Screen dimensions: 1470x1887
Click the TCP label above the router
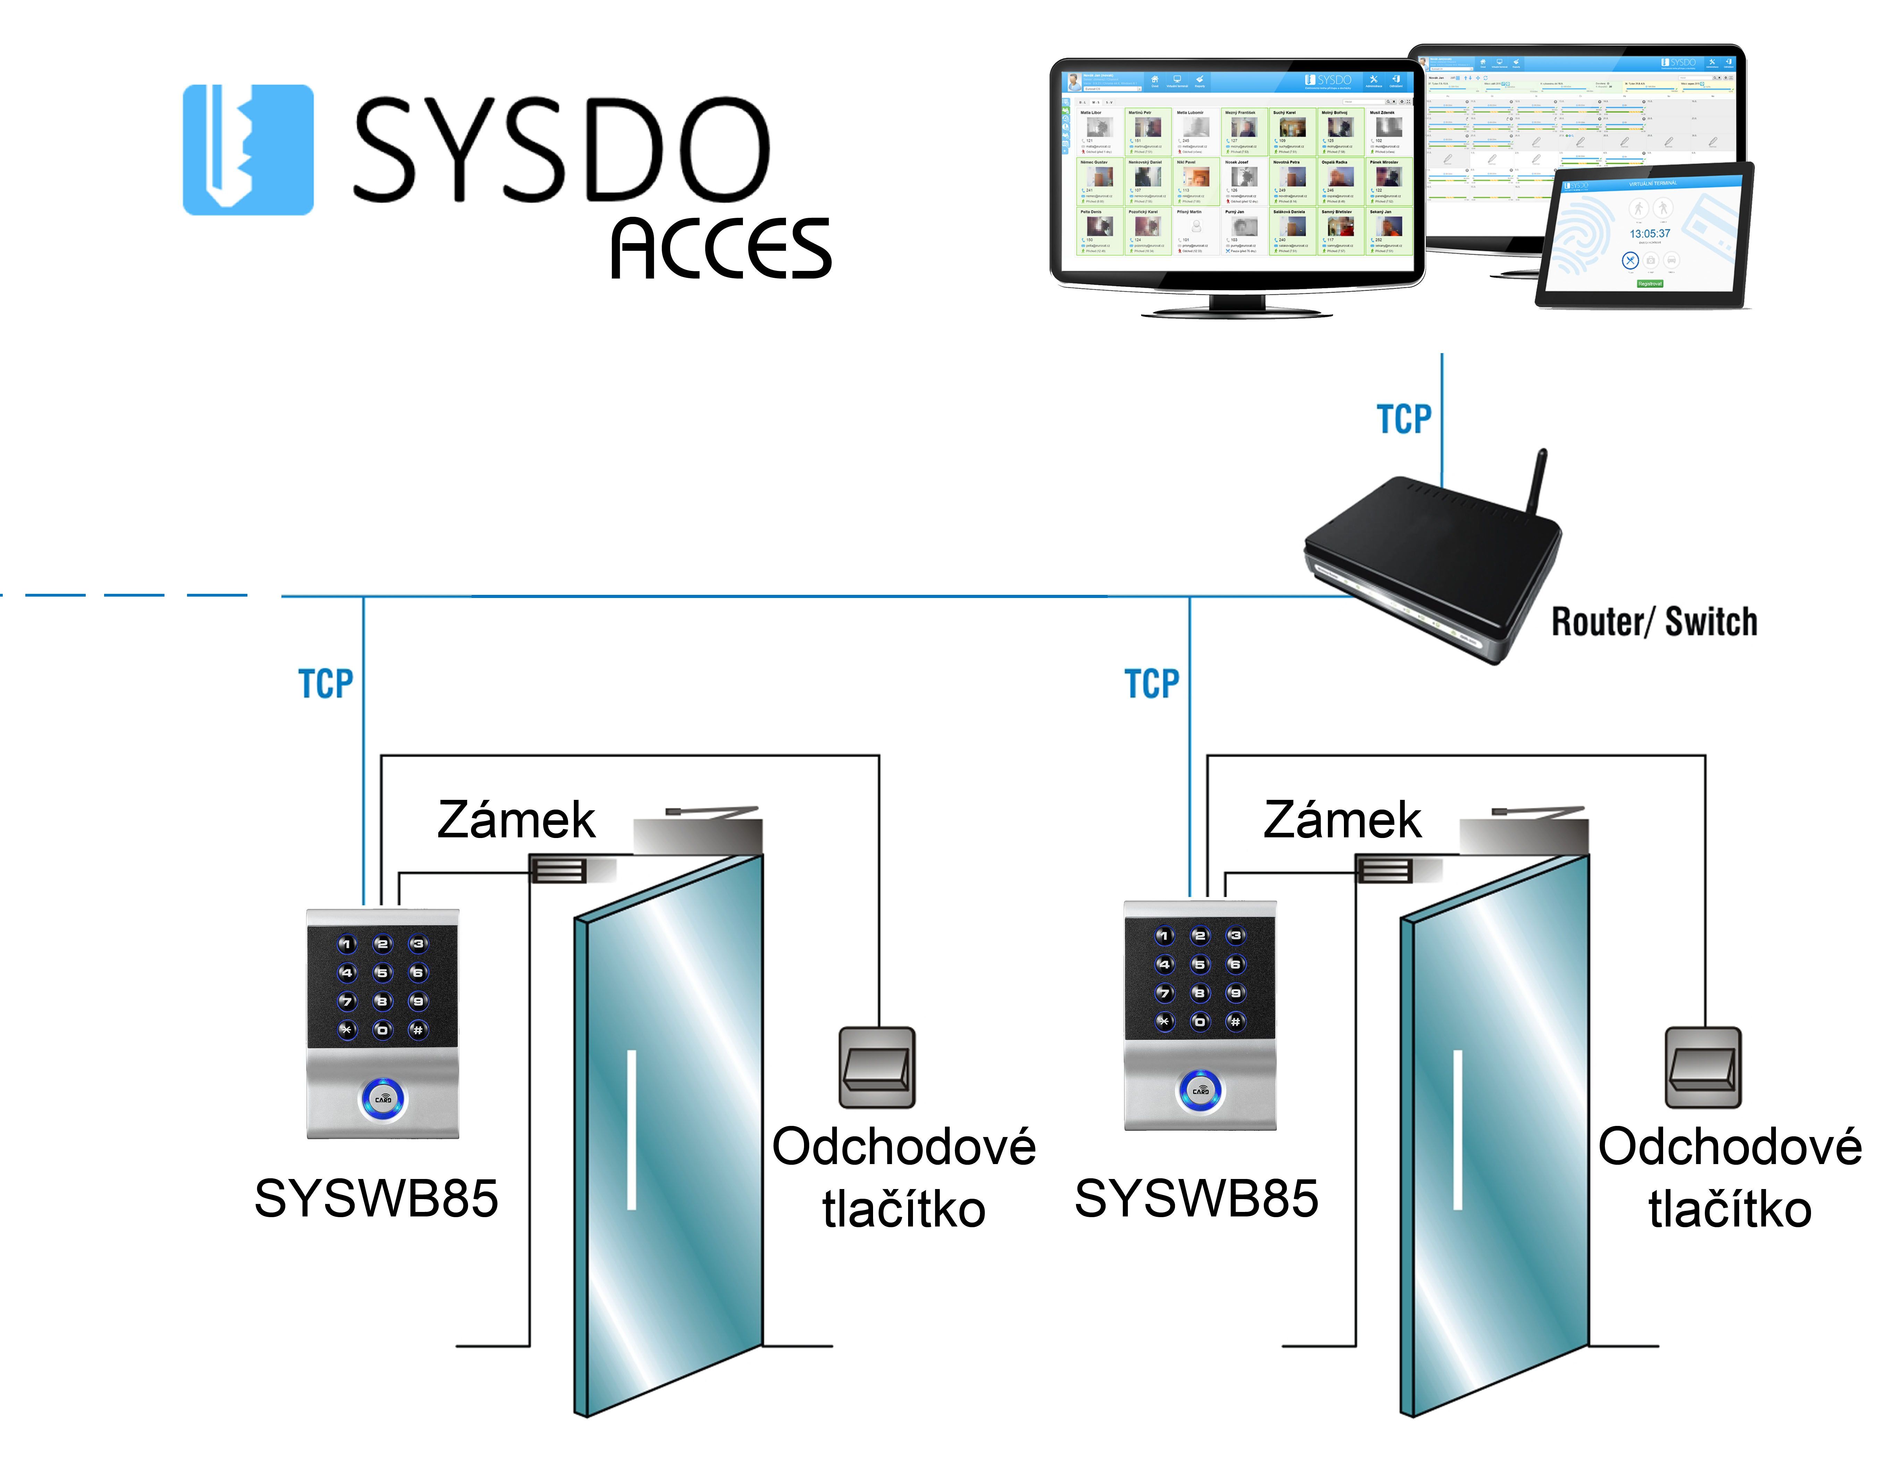[x=1403, y=420]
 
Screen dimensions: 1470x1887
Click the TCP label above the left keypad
[x=326, y=684]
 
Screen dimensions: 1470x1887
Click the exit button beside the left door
[x=877, y=1068]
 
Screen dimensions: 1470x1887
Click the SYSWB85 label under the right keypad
[x=1196, y=1199]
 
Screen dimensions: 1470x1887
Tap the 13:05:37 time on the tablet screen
[x=1649, y=234]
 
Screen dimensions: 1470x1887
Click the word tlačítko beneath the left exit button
[x=904, y=1209]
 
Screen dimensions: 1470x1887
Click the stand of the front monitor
[x=1237, y=304]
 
